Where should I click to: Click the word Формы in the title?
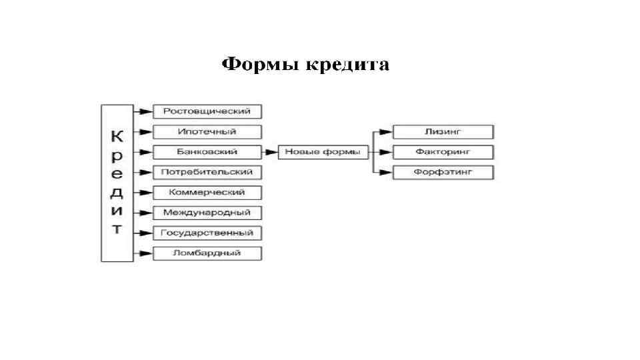click(261, 65)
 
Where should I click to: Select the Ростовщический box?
click(207, 111)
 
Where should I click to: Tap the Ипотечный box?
click(207, 131)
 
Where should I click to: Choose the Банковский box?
click(207, 152)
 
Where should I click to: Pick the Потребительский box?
click(207, 172)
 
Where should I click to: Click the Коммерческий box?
click(207, 193)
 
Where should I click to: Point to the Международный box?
click(207, 213)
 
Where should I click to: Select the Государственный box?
click(207, 233)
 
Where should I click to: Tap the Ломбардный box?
click(207, 253)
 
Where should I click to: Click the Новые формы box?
click(323, 152)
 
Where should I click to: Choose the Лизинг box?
click(443, 131)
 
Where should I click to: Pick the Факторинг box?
click(443, 152)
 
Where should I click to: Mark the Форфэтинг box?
click(443, 173)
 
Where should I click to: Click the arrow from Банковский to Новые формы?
click(270, 152)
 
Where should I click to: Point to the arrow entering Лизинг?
click(383, 131)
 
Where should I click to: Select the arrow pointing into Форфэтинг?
click(383, 173)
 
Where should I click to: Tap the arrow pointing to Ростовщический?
click(143, 111)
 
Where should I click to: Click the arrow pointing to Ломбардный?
click(143, 253)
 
